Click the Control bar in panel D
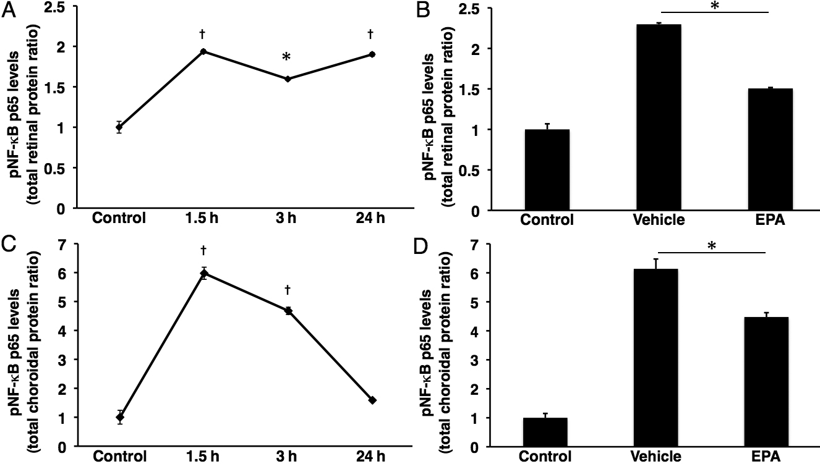[x=545, y=432]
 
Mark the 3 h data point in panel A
[x=288, y=78]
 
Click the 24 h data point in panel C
[x=372, y=400]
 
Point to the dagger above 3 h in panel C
[x=288, y=290]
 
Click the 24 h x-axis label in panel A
[x=372, y=218]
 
